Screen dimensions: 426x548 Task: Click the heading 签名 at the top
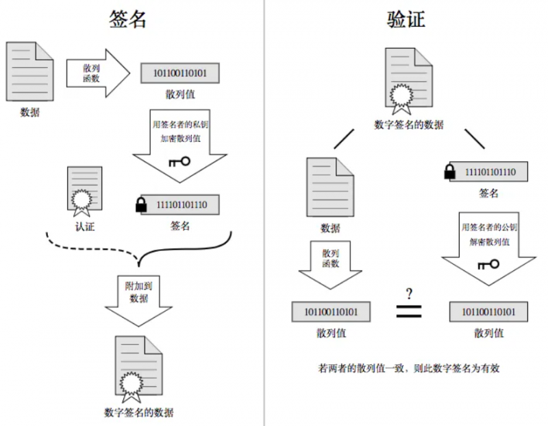pyautogui.click(x=128, y=19)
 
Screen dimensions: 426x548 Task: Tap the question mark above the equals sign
pyautogui.click(x=409, y=294)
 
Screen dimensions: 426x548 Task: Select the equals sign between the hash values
pyautogui.click(x=409, y=311)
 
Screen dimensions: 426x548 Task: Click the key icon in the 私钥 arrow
pyautogui.click(x=179, y=161)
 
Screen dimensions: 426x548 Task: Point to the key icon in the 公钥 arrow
pyautogui.click(x=488, y=264)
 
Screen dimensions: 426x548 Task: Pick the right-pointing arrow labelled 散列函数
pyautogui.click(x=96, y=72)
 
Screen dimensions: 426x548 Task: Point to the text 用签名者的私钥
pyautogui.click(x=179, y=126)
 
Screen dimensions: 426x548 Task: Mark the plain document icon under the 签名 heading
pyautogui.click(x=29, y=71)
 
